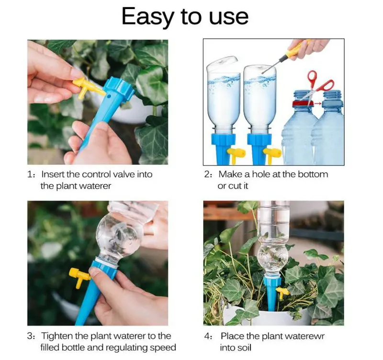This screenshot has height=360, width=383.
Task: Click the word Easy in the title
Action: pyautogui.click(x=148, y=17)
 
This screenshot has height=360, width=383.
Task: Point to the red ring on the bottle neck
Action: pyautogui.click(x=303, y=103)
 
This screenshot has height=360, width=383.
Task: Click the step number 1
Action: pyautogui.click(x=30, y=174)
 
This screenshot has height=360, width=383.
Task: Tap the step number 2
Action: pyautogui.click(x=207, y=174)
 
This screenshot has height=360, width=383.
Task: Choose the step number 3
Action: pyautogui.click(x=30, y=336)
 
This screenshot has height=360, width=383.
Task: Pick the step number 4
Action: pyautogui.click(x=207, y=336)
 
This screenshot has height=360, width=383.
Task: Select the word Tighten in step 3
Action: pyautogui.click(x=57, y=336)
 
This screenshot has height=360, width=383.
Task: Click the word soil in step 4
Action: pyautogui.click(x=245, y=348)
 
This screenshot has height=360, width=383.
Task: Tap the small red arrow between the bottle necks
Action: pyautogui.click(x=317, y=103)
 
